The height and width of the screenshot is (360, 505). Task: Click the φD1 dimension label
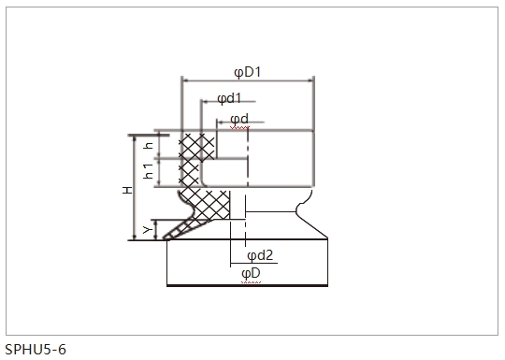coord(247,72)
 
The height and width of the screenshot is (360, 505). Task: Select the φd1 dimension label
coord(229,98)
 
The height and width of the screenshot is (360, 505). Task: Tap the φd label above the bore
coord(239,119)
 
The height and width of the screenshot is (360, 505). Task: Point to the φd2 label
coord(260,255)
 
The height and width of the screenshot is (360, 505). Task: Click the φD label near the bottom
coord(251,274)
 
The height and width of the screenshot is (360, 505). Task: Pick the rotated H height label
coord(127,190)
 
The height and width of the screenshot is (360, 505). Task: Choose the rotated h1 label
coord(148,171)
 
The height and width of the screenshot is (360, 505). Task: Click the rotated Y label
coord(147,230)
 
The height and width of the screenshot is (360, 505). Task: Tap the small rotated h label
coord(149,145)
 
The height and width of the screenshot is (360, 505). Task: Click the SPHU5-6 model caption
coord(36,349)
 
